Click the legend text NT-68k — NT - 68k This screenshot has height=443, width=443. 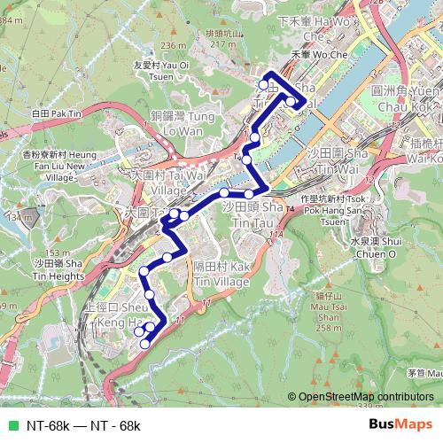click(x=83, y=426)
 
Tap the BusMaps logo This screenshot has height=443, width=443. click(x=400, y=425)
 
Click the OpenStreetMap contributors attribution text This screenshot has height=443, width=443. click(x=365, y=397)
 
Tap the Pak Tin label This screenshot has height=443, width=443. click(x=54, y=114)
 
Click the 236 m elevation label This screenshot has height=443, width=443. click(x=174, y=45)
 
